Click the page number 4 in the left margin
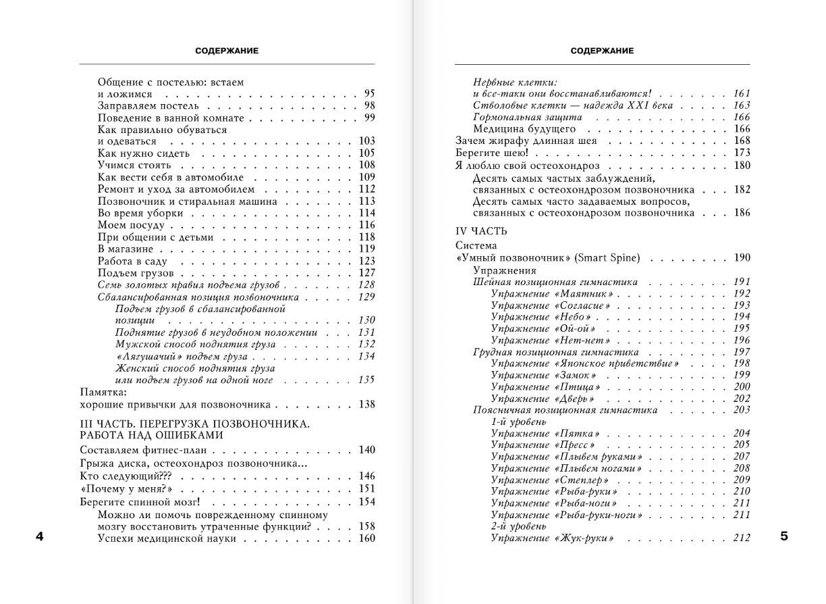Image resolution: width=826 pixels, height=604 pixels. point(39,537)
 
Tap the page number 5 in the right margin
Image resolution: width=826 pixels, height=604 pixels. point(783,537)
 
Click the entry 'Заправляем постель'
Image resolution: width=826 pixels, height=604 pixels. point(148,106)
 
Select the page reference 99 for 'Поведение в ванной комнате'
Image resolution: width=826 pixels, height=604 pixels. point(369,118)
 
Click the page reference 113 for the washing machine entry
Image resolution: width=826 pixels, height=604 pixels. point(367,201)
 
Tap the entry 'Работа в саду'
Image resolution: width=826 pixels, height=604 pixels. point(132,261)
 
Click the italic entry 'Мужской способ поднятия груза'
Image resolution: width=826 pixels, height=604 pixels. point(195,345)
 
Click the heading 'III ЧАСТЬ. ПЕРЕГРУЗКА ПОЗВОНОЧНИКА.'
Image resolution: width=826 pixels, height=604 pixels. point(194,424)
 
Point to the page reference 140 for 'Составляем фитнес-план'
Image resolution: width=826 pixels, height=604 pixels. point(367,450)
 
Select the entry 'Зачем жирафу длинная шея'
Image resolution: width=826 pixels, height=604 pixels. point(526,141)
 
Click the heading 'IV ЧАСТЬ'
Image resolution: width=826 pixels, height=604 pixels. point(481,231)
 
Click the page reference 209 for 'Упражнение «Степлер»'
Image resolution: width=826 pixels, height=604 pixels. point(742,480)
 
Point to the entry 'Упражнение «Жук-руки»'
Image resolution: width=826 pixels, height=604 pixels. point(553,538)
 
